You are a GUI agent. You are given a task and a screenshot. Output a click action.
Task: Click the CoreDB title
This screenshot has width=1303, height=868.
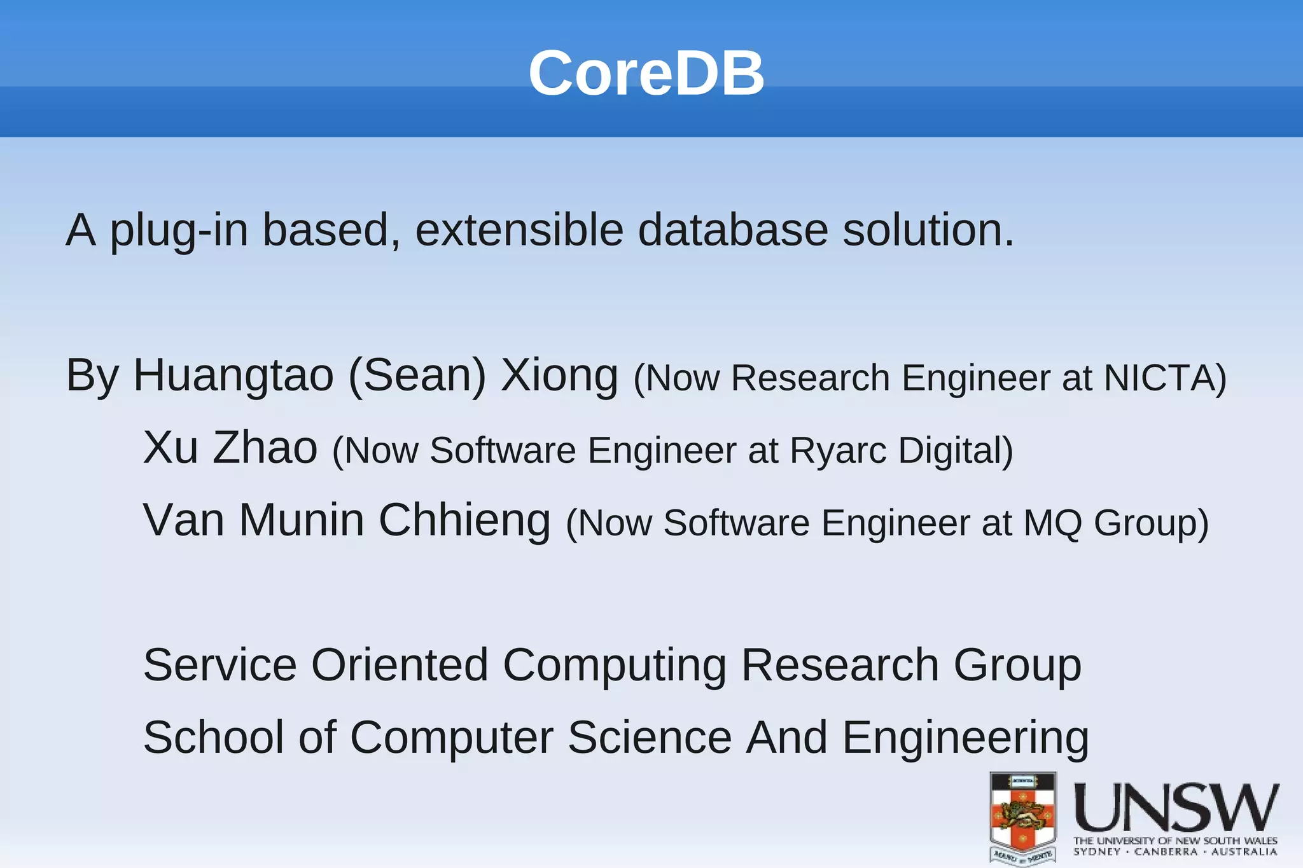[x=646, y=73]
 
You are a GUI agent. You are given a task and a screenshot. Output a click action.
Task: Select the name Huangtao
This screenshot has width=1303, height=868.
[x=233, y=376]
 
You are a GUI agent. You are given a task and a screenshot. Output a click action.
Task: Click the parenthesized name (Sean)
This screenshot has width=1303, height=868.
[x=417, y=376]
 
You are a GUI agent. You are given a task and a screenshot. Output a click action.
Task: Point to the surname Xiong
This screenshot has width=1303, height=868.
[x=559, y=376]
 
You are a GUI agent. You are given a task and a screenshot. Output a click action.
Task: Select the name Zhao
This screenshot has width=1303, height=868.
[x=264, y=448]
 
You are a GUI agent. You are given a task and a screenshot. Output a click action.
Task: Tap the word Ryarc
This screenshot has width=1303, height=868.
[x=838, y=451]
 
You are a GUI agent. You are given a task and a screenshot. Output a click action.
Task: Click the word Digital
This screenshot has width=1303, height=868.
[x=955, y=451]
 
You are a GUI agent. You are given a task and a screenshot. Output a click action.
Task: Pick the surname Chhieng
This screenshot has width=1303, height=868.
[x=464, y=521]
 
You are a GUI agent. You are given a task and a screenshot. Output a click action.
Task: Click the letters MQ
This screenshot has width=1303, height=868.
[x=1052, y=523]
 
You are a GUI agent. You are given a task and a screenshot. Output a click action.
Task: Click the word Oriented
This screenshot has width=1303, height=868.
[x=399, y=666]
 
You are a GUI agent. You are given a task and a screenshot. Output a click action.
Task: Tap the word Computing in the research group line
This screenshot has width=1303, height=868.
[x=614, y=666]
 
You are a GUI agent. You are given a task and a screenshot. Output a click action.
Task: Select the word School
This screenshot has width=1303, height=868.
[x=213, y=738]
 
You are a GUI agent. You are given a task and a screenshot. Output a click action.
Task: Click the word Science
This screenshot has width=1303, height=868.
[x=649, y=738]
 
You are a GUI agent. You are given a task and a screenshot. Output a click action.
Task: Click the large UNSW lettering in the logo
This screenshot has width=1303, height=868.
[x=1176, y=808]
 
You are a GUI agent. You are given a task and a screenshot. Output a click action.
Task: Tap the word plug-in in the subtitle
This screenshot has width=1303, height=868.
[x=179, y=231]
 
